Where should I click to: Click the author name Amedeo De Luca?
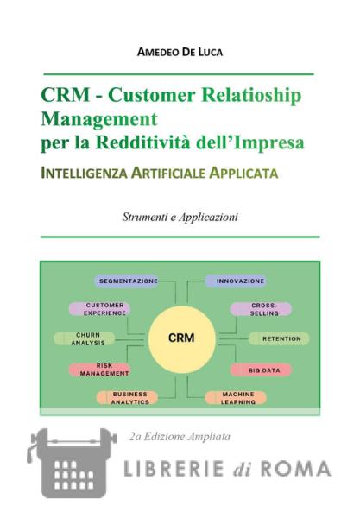pyautogui.click(x=180, y=52)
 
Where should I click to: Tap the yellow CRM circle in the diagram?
pyautogui.click(x=182, y=339)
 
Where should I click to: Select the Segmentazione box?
pyautogui.click(x=127, y=281)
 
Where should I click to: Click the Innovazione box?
pyautogui.click(x=236, y=281)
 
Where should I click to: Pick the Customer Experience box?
pyautogui.click(x=100, y=309)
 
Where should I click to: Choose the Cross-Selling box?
pyautogui.click(x=261, y=309)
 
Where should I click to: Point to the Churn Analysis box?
pyautogui.click(x=85, y=339)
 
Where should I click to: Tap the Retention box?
pyautogui.click(x=279, y=339)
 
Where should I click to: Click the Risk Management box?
pyautogui.click(x=100, y=370)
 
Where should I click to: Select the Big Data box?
pyautogui.click(x=261, y=370)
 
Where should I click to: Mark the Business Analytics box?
pyautogui.click(x=127, y=398)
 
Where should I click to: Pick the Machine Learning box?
pyautogui.click(x=236, y=398)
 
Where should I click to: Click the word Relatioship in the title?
pyautogui.click(x=251, y=95)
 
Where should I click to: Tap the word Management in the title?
pyautogui.click(x=99, y=120)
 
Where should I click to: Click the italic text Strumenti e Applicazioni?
pyautogui.click(x=180, y=217)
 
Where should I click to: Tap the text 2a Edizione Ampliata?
pyautogui.click(x=180, y=437)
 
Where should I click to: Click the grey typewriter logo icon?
pyautogui.click(x=72, y=463)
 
